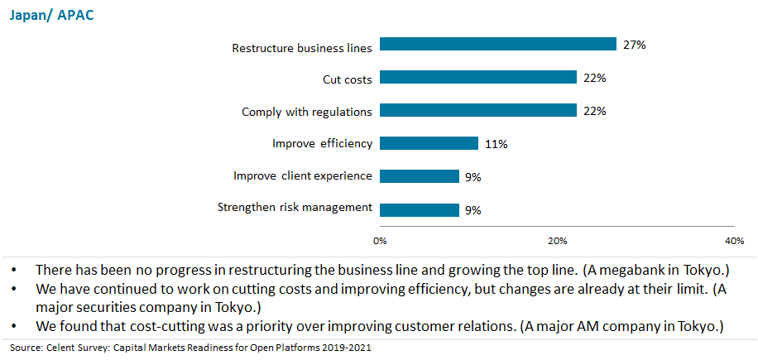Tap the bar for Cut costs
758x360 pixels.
(x=478, y=78)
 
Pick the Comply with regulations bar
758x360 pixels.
(x=478, y=111)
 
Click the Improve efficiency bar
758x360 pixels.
(x=429, y=143)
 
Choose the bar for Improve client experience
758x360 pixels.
(x=420, y=176)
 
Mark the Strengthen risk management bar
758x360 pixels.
(x=420, y=209)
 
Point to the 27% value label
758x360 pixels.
(x=634, y=45)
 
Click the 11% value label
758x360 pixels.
(x=496, y=144)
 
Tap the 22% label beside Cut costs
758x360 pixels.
(x=594, y=78)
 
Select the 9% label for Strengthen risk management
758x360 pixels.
(x=473, y=210)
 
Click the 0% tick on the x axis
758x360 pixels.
(x=381, y=241)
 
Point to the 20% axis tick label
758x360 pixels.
(x=558, y=241)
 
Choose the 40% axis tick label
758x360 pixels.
(x=734, y=241)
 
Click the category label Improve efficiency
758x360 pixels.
(x=323, y=143)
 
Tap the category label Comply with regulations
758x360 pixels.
(x=307, y=111)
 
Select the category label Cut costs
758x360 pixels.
(x=347, y=79)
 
